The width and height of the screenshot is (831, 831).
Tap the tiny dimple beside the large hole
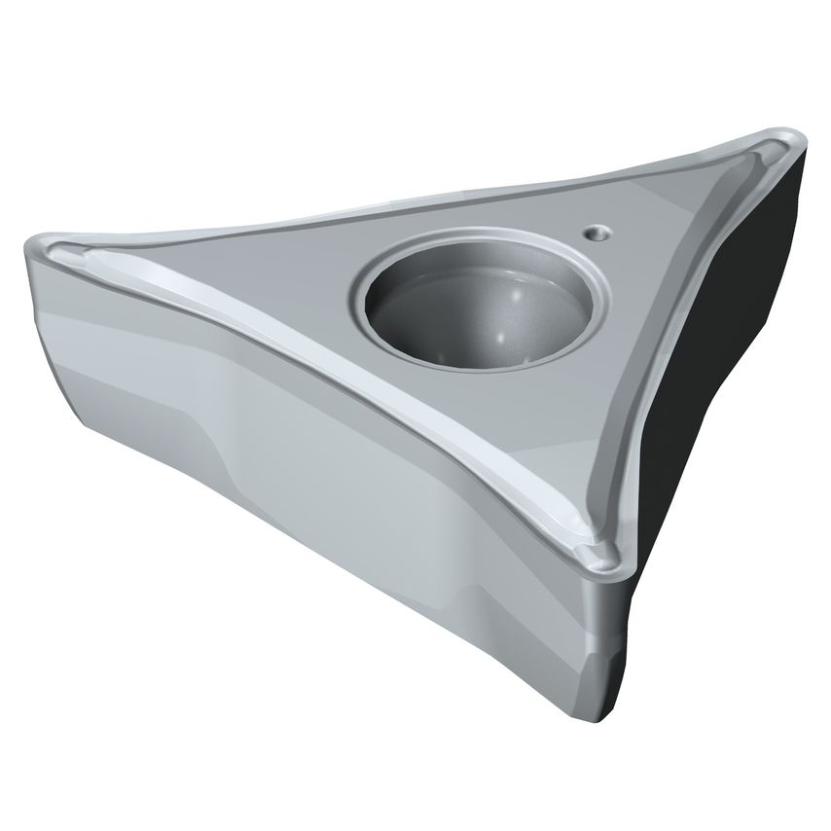[595, 232]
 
